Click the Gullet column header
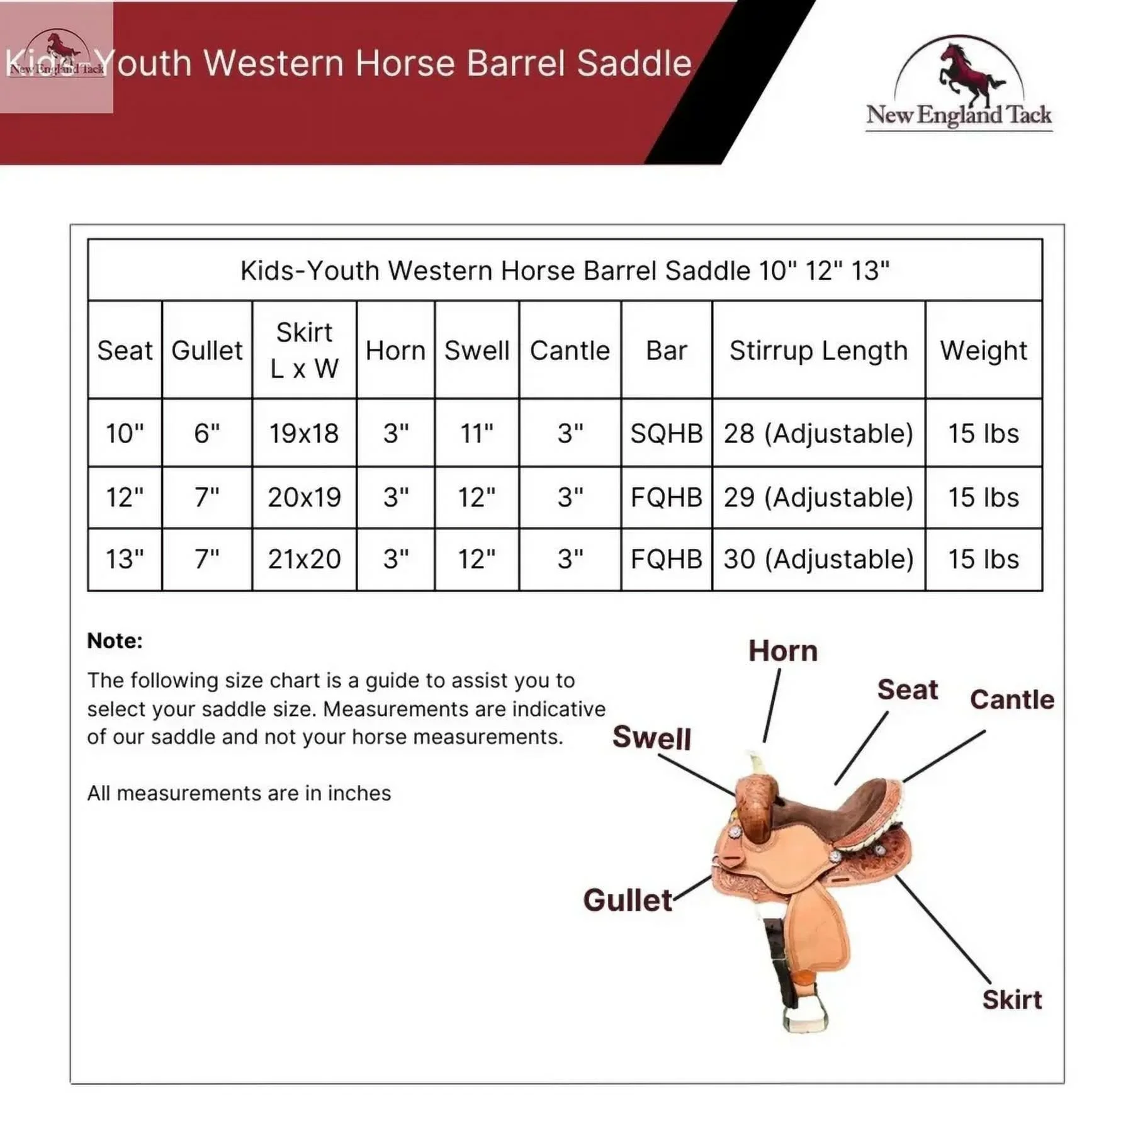pyautogui.click(x=207, y=351)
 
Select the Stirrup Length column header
pyautogui.click(x=818, y=351)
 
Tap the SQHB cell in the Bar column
pyautogui.click(x=667, y=434)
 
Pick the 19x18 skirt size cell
pyautogui.click(x=304, y=434)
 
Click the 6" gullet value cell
pyautogui.click(x=207, y=434)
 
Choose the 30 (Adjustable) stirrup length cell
pyautogui.click(x=818, y=559)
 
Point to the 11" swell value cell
pyautogui.click(x=476, y=434)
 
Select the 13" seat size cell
pyautogui.click(x=125, y=559)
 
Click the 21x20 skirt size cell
pyautogui.click(x=304, y=559)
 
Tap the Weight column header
pyautogui.click(x=983, y=351)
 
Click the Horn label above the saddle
pyautogui.click(x=783, y=651)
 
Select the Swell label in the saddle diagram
pyautogui.click(x=651, y=737)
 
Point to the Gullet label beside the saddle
pyautogui.click(x=628, y=900)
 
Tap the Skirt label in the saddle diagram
pyautogui.click(x=1012, y=1000)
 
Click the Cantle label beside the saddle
pyautogui.click(x=1012, y=699)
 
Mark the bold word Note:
pyautogui.click(x=115, y=641)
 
